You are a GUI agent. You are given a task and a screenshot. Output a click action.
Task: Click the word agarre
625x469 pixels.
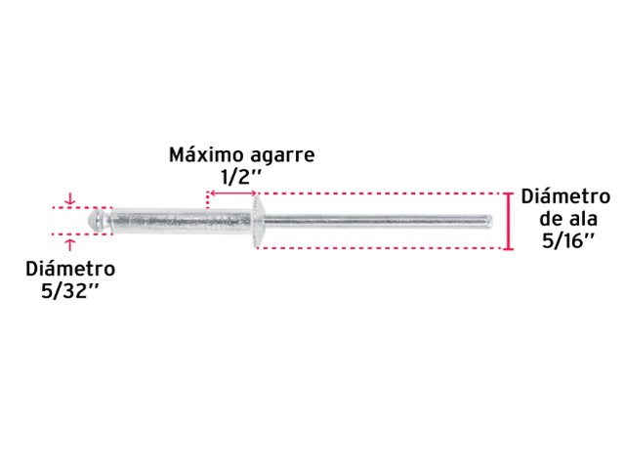[x=278, y=156]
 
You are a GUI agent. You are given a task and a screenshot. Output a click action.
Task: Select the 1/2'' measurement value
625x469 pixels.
[x=240, y=177]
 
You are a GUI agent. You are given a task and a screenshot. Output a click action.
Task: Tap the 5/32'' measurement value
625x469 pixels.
[x=69, y=291]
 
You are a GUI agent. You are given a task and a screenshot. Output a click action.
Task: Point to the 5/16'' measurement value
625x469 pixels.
[x=568, y=240]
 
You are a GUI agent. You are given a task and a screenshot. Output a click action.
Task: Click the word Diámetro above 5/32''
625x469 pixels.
[x=70, y=269]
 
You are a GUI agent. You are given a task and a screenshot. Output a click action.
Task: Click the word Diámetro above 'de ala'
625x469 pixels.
[x=565, y=196]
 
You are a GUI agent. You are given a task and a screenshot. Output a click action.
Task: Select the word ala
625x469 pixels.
[x=581, y=219]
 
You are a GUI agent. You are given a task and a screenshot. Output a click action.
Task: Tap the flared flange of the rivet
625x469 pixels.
[x=256, y=222]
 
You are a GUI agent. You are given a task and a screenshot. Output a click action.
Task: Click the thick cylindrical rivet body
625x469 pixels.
[x=181, y=221]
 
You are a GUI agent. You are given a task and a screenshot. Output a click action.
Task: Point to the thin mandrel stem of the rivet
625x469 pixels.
[x=377, y=221]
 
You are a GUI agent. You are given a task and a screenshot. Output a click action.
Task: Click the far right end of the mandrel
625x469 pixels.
[x=492, y=221]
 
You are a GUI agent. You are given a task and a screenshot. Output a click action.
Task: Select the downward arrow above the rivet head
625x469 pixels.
[x=70, y=199]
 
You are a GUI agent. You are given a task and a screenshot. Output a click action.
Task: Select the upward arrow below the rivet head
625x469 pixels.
[x=70, y=244]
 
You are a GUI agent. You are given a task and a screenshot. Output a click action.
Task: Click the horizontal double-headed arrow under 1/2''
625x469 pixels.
[x=233, y=193]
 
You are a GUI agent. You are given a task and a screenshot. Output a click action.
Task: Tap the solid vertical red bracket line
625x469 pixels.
[x=508, y=222]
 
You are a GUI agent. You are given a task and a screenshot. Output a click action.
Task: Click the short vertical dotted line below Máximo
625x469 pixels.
[x=207, y=200]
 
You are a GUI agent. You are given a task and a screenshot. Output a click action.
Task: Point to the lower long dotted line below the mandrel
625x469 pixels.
[x=379, y=248]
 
